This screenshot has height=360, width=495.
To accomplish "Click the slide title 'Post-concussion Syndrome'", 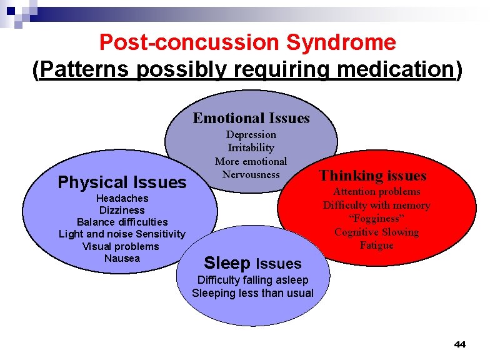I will pyautogui.click(x=247, y=42).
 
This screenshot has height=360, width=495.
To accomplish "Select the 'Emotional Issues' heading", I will pyautogui.click(x=251, y=118).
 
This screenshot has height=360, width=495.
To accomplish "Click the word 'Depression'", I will pyautogui.click(x=251, y=134).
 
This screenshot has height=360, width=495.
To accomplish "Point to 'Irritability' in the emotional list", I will pyautogui.click(x=251, y=147).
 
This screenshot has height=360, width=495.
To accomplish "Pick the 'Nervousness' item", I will pyautogui.click(x=251, y=174).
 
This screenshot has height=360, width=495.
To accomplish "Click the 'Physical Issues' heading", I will pyautogui.click(x=122, y=182).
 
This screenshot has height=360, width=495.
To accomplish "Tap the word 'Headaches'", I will pyautogui.click(x=122, y=198).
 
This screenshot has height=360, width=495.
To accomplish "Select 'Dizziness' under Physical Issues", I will pyautogui.click(x=122, y=210).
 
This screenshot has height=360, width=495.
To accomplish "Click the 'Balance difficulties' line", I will pyautogui.click(x=122, y=222).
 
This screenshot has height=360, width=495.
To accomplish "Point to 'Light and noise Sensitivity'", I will pyautogui.click(x=122, y=234).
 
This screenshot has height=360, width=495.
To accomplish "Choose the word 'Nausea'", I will pyautogui.click(x=122, y=258).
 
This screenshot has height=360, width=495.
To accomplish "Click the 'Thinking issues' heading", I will pyautogui.click(x=372, y=176).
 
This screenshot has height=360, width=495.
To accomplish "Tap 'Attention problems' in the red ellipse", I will pyautogui.click(x=376, y=191).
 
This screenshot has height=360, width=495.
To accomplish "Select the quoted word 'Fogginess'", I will pyautogui.click(x=376, y=218).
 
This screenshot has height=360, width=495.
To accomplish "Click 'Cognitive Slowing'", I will pyautogui.click(x=376, y=232).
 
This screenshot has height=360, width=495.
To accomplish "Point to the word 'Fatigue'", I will pyautogui.click(x=376, y=245).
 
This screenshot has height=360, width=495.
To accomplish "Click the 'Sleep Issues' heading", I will pyautogui.click(x=252, y=264).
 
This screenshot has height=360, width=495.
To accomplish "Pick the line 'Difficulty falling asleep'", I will pyautogui.click(x=252, y=280).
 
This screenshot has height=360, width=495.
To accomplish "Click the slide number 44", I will pyautogui.click(x=460, y=344).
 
